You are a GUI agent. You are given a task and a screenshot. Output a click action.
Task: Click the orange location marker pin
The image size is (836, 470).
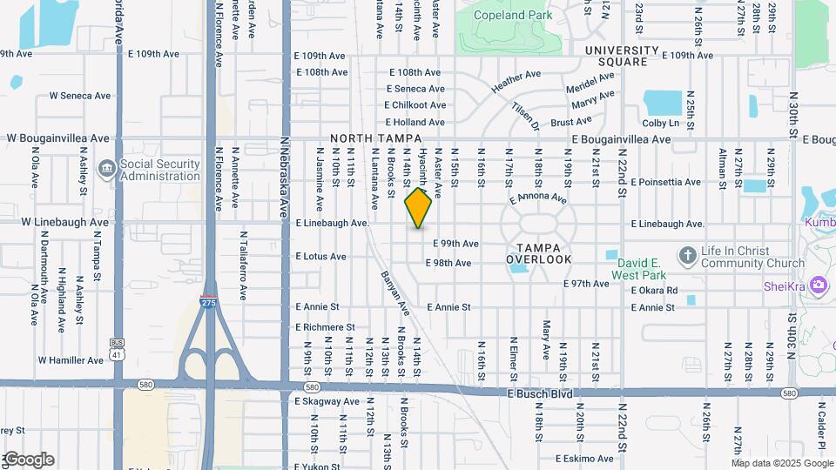419,208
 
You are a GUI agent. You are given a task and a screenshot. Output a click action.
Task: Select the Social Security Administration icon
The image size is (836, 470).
106,168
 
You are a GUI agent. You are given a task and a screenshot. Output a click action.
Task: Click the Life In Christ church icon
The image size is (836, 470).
687,254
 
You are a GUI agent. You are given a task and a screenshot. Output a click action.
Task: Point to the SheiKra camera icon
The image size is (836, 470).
818,285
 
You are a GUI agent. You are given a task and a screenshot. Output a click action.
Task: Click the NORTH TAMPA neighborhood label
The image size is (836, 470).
376,138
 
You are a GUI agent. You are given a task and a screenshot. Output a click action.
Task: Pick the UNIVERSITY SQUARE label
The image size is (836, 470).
628,56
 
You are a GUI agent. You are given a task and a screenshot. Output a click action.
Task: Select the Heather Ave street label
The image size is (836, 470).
516,82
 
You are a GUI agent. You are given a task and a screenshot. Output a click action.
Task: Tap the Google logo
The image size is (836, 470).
28,460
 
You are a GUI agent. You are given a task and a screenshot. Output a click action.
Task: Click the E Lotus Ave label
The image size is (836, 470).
320,257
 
